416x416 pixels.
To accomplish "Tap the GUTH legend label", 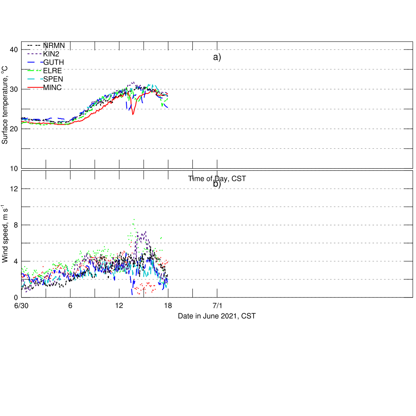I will (54, 62).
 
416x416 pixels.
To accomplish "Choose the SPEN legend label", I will (53, 79).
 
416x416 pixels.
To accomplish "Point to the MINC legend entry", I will (52, 87).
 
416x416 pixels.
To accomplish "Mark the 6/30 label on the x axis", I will (22, 305).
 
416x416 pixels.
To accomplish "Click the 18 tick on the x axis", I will (168, 305).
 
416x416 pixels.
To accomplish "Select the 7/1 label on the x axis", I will (217, 305).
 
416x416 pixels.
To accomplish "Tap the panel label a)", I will (217, 57).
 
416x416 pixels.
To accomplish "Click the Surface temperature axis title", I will (5, 105).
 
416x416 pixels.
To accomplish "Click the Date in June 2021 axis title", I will (217, 316).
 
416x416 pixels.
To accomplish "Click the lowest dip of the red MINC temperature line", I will (133, 114).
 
